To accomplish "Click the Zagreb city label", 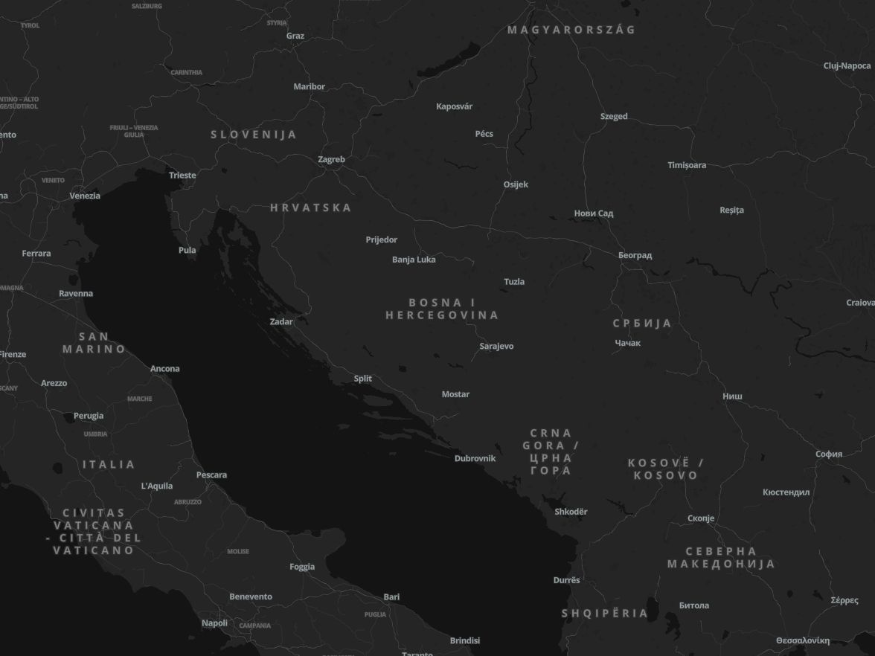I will [331, 159].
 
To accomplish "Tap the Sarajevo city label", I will [496, 346].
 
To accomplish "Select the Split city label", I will [362, 379].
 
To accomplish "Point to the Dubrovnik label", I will [475, 458].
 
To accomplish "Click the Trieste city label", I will [182, 176].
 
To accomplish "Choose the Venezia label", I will [85, 196].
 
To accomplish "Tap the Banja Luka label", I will [414, 260].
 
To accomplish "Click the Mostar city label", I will [455, 394].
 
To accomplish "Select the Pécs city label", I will [484, 134].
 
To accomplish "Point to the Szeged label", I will [614, 116].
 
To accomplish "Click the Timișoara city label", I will [687, 165].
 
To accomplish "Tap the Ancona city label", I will [164, 369].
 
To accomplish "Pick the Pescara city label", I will [211, 475].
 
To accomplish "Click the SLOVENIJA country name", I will [254, 135].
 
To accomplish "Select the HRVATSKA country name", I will [310, 208].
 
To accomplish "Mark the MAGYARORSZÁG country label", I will [571, 30].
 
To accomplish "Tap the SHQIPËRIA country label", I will [604, 613].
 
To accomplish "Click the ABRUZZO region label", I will [187, 502].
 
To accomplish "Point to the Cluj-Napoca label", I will [847, 65].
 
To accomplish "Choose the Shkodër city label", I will [571, 512].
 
